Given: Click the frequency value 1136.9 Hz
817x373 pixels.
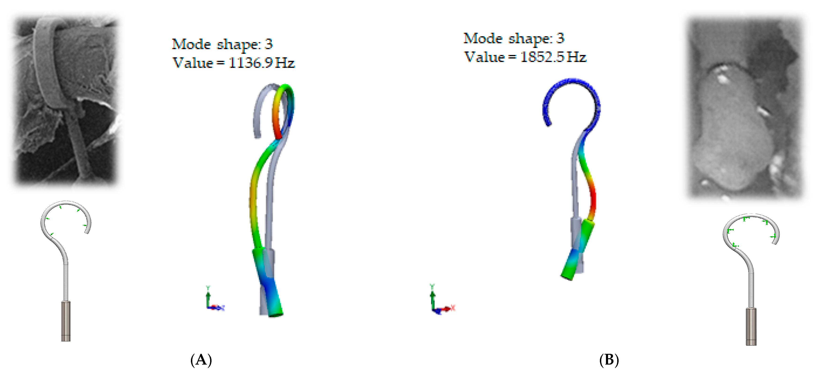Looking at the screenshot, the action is (x=262, y=63).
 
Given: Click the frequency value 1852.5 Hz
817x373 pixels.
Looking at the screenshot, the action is (x=553, y=57).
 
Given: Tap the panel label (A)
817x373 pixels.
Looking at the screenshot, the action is (x=201, y=360).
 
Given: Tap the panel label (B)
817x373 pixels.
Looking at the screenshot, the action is (x=609, y=360).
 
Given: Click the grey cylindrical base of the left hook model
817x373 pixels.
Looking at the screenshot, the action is (x=66, y=321).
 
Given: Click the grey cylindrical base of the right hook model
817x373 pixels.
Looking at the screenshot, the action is (x=751, y=326).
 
